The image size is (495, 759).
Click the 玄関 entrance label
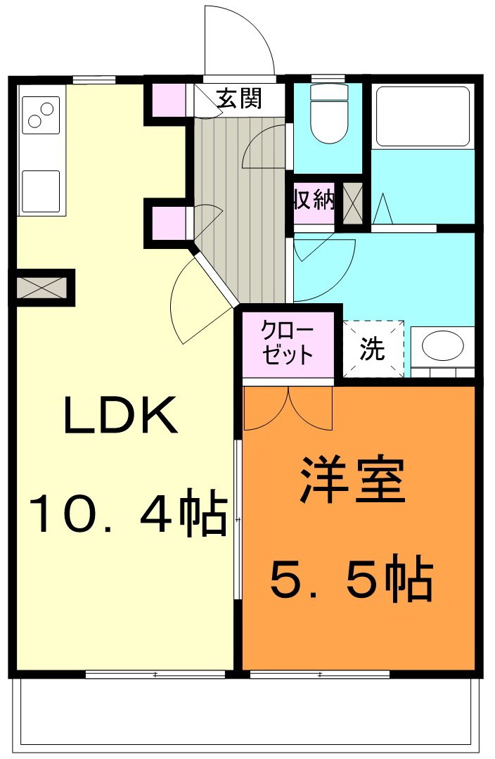pos(238,99)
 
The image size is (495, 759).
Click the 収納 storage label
pos(314,201)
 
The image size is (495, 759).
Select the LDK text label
pos(120,416)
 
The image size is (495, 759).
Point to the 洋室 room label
pos(353,480)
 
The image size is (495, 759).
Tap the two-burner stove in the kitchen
pos(41,115)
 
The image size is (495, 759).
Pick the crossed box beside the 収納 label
pos(352,203)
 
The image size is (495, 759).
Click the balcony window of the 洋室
pos(319,675)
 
